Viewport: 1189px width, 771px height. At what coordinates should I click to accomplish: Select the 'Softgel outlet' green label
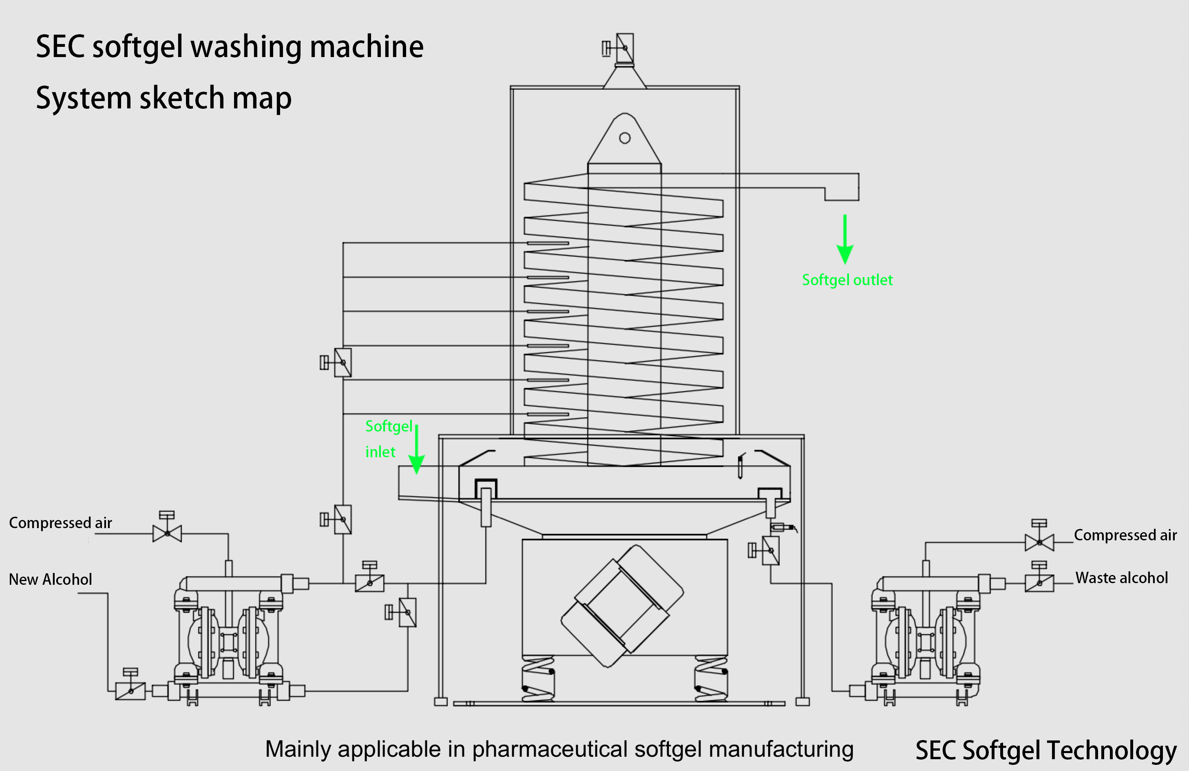point(847,280)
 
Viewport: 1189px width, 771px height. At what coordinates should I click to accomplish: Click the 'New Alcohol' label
point(51,579)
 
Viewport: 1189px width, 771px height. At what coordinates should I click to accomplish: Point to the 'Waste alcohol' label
point(1122,578)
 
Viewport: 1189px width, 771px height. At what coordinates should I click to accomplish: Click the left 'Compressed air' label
point(60,523)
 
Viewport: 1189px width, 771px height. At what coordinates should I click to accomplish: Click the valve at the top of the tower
point(625,48)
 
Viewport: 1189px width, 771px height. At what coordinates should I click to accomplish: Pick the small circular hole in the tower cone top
point(625,138)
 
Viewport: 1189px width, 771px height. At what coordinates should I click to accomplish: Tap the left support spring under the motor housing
point(537,679)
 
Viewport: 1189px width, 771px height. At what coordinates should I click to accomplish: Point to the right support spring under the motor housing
point(711,679)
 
